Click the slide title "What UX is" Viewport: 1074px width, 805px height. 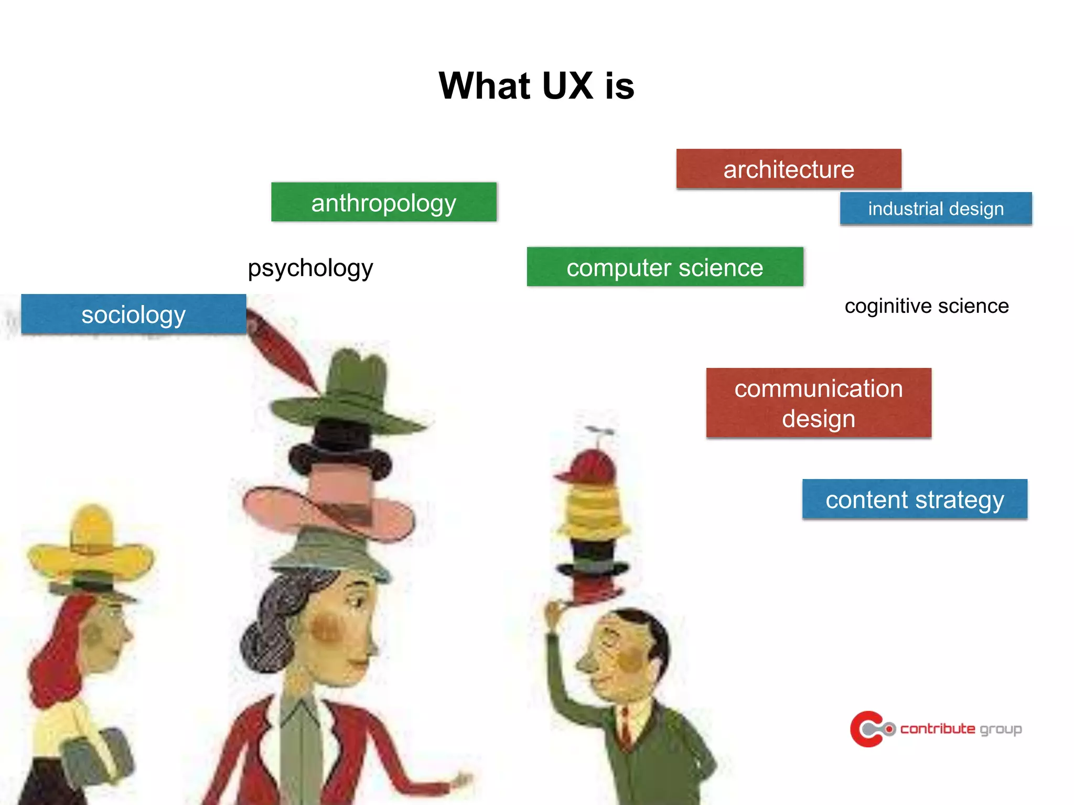point(536,85)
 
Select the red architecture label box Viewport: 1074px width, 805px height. point(788,169)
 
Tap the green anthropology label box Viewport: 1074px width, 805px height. point(383,202)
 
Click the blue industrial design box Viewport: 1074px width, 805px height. point(936,209)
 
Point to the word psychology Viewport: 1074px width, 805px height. point(310,268)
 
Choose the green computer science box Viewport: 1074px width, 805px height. point(664,267)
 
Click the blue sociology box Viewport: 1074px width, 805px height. point(134,314)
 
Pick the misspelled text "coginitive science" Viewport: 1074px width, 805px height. point(926,306)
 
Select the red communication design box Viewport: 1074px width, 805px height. point(818,403)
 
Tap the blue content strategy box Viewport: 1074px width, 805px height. point(914,499)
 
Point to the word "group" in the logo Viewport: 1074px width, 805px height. point(1001,729)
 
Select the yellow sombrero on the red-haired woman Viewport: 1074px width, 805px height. point(92,550)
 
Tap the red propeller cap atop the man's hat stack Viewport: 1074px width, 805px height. point(588,466)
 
